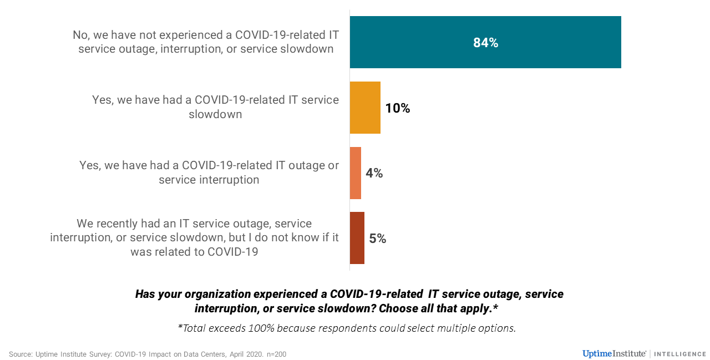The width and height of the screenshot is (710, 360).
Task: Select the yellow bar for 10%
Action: (365, 108)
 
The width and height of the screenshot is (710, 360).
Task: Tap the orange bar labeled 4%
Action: (356, 173)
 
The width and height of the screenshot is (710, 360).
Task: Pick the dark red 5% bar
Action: (357, 238)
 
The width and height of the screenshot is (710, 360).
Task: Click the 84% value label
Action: (485, 43)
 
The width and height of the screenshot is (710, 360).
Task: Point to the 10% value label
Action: (398, 108)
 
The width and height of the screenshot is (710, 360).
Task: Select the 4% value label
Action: (374, 173)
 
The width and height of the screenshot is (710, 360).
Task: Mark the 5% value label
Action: (378, 239)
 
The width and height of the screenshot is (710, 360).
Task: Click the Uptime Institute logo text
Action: (614, 353)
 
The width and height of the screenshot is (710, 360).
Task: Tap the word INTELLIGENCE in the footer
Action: (680, 354)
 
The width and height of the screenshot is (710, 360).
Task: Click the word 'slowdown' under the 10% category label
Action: (215, 115)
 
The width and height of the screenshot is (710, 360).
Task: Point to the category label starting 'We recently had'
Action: (194, 238)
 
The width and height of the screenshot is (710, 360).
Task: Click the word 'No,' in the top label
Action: (81, 35)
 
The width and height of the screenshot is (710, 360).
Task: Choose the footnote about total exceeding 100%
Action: (347, 328)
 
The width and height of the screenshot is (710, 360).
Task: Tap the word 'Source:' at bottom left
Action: (21, 354)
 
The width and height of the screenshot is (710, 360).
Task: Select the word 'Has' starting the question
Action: (146, 294)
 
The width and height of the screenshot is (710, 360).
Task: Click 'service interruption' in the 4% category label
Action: (209, 180)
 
